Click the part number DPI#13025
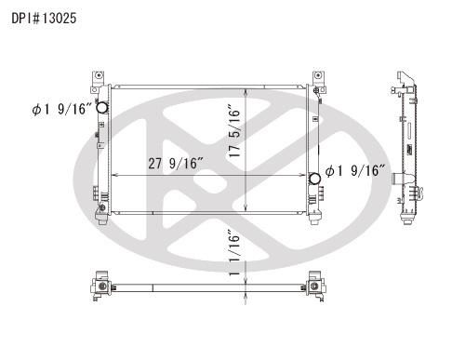pos(44,19)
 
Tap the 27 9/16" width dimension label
pos(176,164)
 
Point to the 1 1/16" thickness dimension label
pos(234,252)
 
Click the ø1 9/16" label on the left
pos(62,109)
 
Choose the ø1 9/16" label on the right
pos(355,171)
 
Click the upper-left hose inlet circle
pos(101,108)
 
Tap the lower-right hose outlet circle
pos(314,179)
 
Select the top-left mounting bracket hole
pos(99,75)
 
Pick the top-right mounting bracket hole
pos(317,75)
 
